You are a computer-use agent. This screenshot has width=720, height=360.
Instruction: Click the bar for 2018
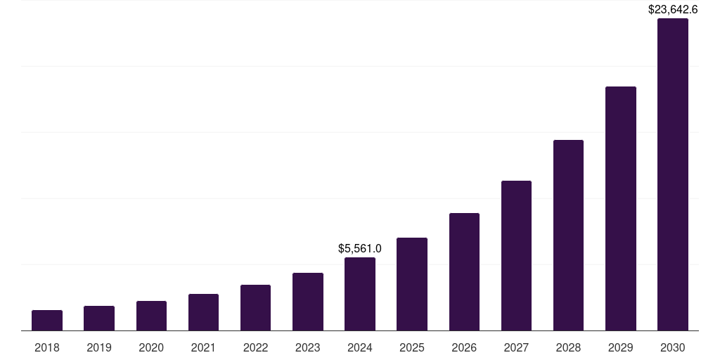point(47,321)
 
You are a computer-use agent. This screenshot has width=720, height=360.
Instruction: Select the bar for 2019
point(99,319)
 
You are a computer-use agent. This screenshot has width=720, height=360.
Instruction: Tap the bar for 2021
point(203,312)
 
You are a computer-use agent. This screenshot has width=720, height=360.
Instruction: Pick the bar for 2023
point(308,302)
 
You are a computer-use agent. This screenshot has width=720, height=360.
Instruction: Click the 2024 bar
point(360,294)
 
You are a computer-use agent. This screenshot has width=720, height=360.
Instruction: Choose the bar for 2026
point(464,271)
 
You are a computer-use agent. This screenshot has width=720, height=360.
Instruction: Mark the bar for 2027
point(516,255)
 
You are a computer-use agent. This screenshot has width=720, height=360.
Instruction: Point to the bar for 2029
point(621,208)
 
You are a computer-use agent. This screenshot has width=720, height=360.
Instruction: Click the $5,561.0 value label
point(360,248)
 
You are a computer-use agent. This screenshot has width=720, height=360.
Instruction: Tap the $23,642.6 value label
point(673,9)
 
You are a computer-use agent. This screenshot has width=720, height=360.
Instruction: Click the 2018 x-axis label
point(47,347)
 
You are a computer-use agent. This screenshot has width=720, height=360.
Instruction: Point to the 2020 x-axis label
point(151,347)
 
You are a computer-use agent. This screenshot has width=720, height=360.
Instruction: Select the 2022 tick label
point(255,347)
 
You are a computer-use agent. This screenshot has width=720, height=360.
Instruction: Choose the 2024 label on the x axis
point(360,347)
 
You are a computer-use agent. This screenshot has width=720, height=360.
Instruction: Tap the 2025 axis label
point(412,347)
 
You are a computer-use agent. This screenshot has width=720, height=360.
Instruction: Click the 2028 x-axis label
point(568,347)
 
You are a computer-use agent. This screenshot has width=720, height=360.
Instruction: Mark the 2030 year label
point(673,347)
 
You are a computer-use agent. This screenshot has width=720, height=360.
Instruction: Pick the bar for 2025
point(412,284)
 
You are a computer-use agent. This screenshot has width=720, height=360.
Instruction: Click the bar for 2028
point(568,235)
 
